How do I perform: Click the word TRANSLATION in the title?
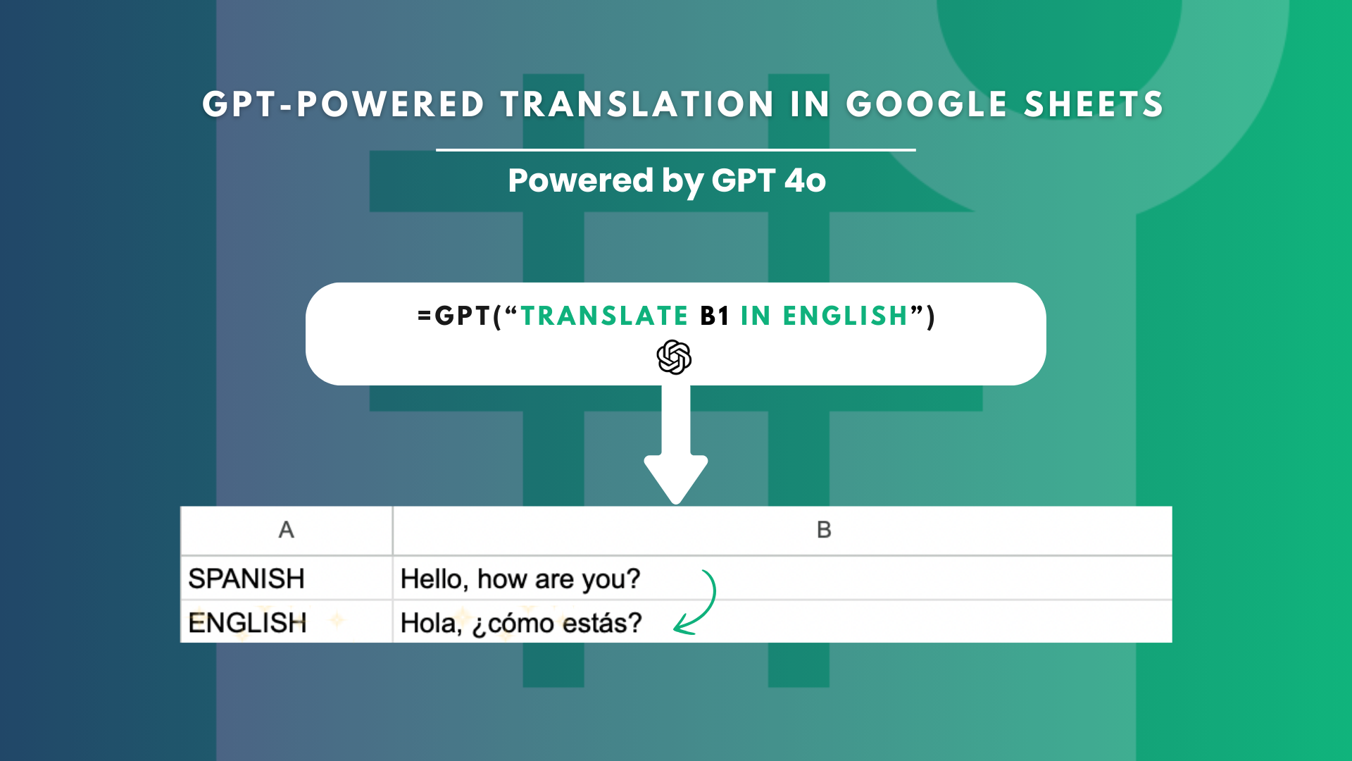[x=637, y=104]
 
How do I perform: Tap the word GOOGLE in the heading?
[x=927, y=104]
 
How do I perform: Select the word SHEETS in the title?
[x=1094, y=104]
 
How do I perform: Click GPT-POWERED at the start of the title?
[x=344, y=104]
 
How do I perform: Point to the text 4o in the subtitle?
[x=806, y=180]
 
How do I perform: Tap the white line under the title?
[x=676, y=150]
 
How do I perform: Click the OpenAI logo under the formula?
[x=674, y=357]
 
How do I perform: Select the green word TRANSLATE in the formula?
[x=604, y=316]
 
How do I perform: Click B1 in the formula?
[x=715, y=316]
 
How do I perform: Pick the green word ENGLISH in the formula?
[x=845, y=316]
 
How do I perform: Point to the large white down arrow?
[x=676, y=444]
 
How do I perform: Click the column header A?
[x=286, y=530]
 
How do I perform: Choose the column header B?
[x=824, y=530]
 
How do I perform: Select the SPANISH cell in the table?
[x=246, y=579]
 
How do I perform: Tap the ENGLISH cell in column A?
[x=247, y=623]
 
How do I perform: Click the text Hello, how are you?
[x=520, y=579]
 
